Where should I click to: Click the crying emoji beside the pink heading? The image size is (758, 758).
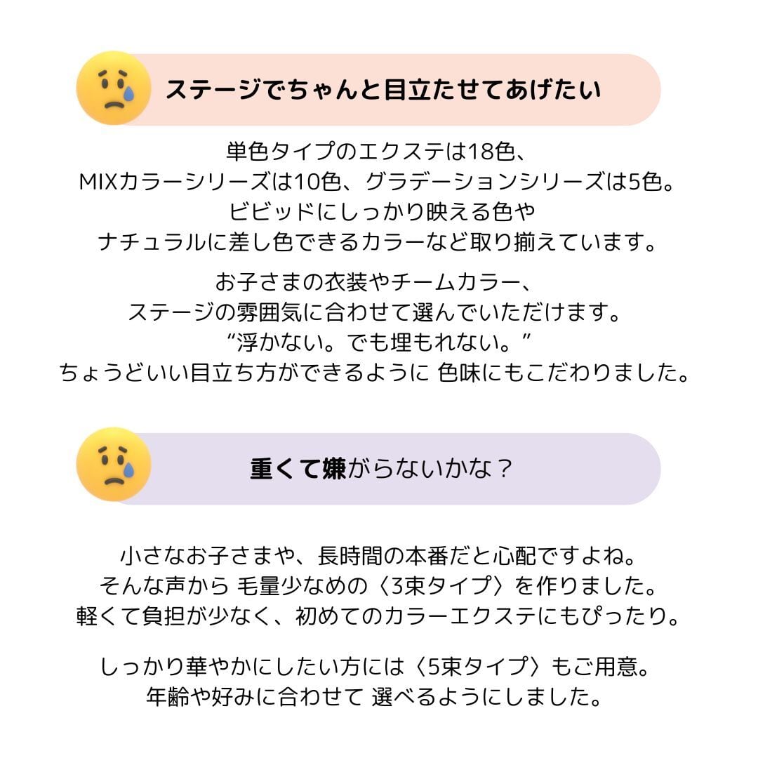coord(114,88)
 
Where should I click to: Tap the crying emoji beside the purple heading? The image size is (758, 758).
coord(114,465)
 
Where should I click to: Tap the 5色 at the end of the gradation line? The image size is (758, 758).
coord(645,182)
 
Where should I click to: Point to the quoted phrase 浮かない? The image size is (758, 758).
coord(281,343)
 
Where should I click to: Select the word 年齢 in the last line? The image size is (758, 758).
coord(163,697)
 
